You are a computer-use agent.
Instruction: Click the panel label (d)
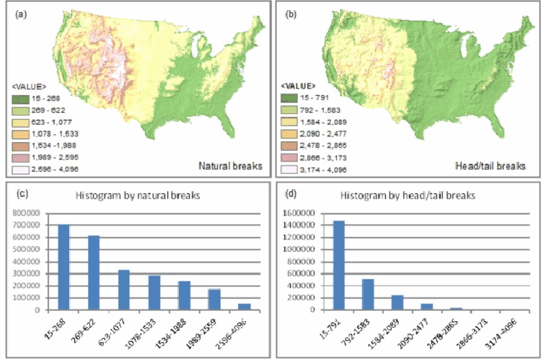(x=290, y=191)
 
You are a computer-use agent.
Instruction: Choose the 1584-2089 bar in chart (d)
(x=397, y=302)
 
